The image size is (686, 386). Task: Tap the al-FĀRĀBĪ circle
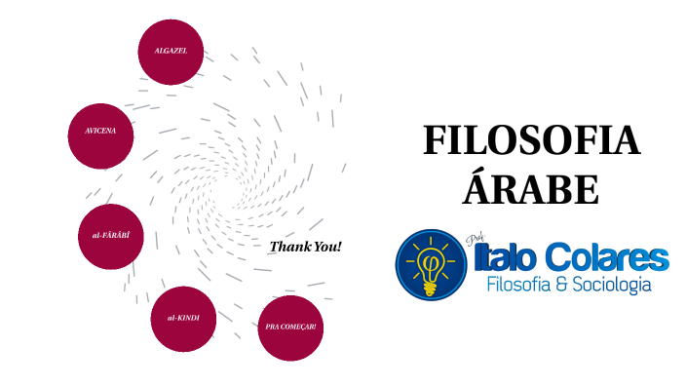[110, 237]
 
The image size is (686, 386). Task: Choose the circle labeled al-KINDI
[183, 319]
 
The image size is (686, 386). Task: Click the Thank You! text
[305, 247]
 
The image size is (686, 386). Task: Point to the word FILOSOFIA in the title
[531, 142]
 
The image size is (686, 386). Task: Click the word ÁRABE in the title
[531, 188]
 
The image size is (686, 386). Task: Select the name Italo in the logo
[506, 257]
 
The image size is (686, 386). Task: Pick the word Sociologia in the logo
[608, 285]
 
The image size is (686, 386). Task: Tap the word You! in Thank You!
[327, 247]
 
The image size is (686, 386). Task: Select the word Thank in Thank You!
[289, 247]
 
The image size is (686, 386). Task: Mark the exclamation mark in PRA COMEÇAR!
[314, 327]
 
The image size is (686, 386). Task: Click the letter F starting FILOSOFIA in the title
[434, 142]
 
